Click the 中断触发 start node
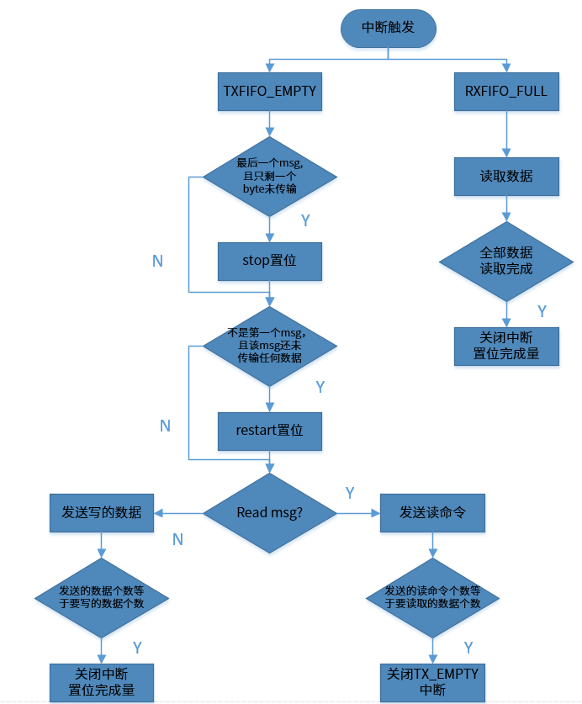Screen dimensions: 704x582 388,29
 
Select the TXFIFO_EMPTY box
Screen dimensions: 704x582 269,91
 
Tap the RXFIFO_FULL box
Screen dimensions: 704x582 505,91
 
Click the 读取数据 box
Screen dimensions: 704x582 505,177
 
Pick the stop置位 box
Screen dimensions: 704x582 269,261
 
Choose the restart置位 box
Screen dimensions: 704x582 269,430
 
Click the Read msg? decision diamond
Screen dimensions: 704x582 269,512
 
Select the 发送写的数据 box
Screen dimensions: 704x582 101,512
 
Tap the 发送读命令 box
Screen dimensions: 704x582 432,512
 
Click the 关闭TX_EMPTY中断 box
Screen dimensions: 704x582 432,682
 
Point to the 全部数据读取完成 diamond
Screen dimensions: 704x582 505,261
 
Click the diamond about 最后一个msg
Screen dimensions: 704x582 269,177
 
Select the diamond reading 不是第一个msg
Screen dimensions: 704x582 269,346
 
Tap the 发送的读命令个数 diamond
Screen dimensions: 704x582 432,597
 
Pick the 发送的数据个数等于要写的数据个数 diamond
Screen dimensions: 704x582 101,597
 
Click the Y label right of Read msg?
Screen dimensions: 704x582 350,493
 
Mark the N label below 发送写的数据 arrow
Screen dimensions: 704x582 177,539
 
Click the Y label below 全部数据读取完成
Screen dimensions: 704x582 542,311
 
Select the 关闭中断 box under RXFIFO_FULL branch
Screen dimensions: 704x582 505,346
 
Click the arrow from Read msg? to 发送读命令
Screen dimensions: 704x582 358,512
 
